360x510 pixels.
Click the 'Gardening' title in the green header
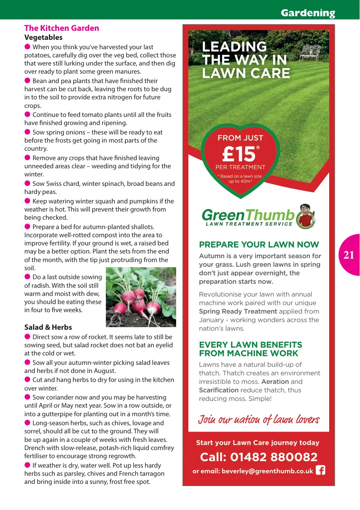pos(308,13)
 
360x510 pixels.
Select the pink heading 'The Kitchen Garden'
pos(62,28)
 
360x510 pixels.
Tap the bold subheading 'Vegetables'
pos(43,38)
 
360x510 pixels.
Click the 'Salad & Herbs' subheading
pos(48,327)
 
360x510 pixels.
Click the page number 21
pos(349,255)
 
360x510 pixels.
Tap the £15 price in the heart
pos(239,154)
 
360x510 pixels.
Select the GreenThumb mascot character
pos(306,216)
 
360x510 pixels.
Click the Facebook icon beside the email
pos(320,471)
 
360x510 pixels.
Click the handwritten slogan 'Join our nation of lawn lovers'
pos(258,419)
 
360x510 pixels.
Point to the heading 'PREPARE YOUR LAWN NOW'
pos(259,245)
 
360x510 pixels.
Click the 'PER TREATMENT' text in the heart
pos(240,167)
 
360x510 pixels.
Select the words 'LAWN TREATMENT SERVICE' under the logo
pos(249,224)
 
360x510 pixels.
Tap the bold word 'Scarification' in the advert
pos(219,390)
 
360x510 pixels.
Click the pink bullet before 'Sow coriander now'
pos(27,397)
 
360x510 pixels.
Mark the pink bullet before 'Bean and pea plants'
pos(27,81)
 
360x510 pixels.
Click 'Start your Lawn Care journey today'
pos(258,443)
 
